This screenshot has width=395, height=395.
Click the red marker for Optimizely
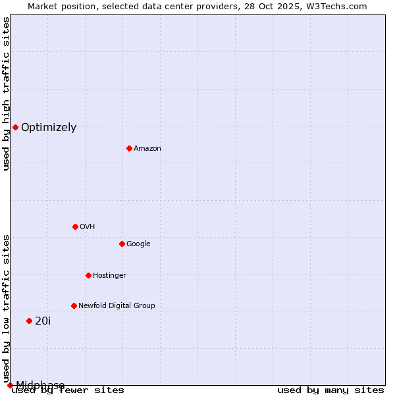click(x=15, y=127)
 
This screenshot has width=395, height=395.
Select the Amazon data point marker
click(x=129, y=148)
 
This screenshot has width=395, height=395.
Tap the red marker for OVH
click(x=75, y=226)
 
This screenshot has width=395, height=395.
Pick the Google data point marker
click(x=122, y=244)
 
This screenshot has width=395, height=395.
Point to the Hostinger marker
click(x=88, y=275)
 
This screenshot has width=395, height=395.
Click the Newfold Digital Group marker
click(x=74, y=305)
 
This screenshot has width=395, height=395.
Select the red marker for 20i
click(x=29, y=321)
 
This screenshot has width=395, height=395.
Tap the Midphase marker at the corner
click(x=10, y=385)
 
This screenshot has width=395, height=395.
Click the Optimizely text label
click(x=49, y=128)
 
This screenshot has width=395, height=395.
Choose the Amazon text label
click(x=147, y=149)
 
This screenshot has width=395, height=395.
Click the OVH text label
click(x=88, y=227)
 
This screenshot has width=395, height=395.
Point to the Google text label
click(x=138, y=244)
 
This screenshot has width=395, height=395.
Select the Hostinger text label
click(x=109, y=276)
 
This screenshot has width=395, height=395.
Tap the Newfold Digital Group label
click(x=117, y=306)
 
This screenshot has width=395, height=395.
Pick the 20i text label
click(x=43, y=321)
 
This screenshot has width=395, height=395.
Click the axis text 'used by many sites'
click(x=330, y=390)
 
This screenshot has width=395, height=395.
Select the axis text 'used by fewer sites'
click(x=68, y=390)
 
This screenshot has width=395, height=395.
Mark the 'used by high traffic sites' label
click(x=6, y=93)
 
